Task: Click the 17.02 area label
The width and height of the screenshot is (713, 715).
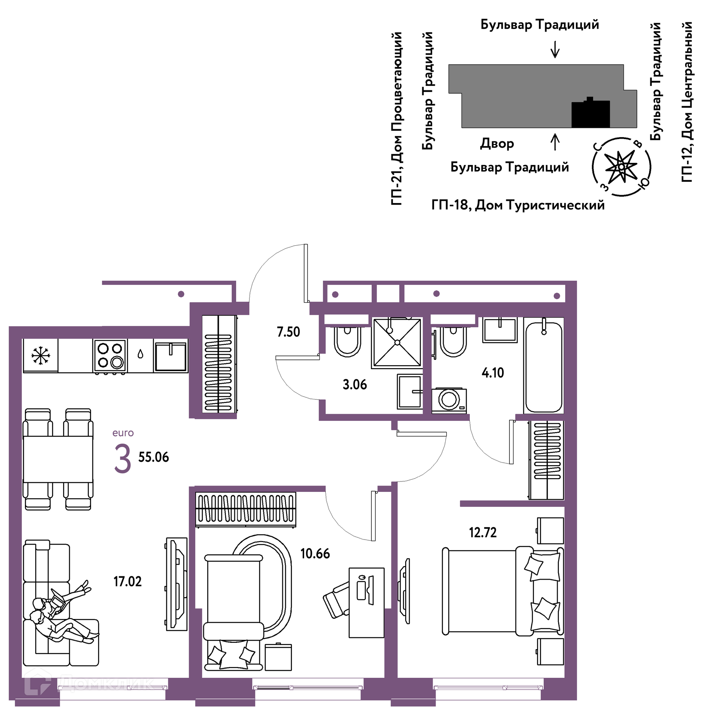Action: click(127, 582)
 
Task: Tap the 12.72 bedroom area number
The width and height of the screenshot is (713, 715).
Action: click(482, 532)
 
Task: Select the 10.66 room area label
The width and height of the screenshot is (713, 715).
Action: click(315, 554)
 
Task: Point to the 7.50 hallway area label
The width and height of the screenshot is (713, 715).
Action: click(288, 332)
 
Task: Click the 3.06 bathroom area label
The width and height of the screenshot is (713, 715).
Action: click(355, 384)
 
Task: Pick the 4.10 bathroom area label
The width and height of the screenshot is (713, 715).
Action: click(493, 373)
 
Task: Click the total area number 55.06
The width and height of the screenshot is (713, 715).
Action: click(153, 457)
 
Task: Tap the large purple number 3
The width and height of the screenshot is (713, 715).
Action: click(123, 459)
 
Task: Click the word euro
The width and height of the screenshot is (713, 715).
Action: click(123, 433)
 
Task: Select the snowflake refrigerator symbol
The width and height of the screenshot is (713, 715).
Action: click(40, 355)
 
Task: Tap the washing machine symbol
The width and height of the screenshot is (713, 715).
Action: click(449, 400)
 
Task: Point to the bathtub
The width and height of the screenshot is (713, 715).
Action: click(544, 367)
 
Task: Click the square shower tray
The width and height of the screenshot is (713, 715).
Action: click(397, 343)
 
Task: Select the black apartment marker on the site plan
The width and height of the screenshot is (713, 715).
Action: click(590, 113)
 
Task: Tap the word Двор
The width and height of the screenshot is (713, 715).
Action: click(497, 144)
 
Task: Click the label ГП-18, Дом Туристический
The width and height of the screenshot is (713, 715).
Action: click(518, 205)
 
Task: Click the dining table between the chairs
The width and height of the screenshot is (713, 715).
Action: click(58, 459)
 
